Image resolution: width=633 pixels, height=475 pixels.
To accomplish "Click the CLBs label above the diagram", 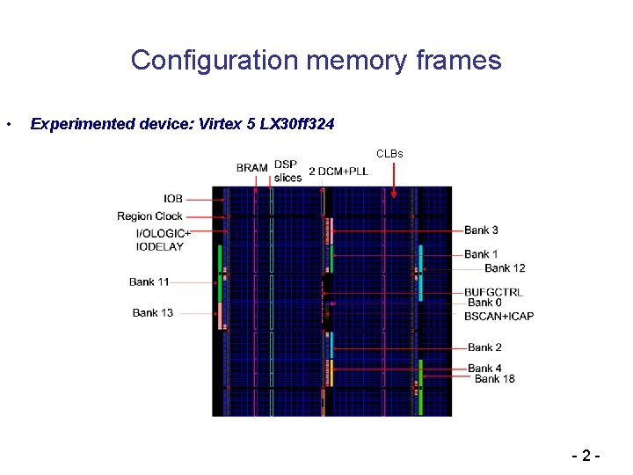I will (389, 154).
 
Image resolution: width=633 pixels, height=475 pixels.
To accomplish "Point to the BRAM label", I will (252, 168).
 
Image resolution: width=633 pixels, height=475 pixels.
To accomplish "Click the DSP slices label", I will (287, 171).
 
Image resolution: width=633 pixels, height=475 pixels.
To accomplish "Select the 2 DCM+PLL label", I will (338, 171).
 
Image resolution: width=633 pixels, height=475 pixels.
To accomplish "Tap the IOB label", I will (173, 199).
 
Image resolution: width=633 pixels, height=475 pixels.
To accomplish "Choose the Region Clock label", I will (149, 216).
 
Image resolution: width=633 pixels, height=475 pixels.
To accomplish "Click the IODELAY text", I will (160, 247).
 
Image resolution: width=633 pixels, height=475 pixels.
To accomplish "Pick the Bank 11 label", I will (149, 282).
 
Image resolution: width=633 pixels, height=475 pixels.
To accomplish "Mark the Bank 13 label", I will (153, 312).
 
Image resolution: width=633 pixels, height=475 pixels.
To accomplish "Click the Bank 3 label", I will (481, 230).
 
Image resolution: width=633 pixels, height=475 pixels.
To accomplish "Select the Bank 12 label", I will (505, 267).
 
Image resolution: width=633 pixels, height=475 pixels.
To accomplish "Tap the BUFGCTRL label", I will (493, 292).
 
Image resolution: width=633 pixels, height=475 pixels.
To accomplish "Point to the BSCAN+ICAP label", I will (500, 316).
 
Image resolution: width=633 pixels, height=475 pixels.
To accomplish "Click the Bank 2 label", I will (484, 347).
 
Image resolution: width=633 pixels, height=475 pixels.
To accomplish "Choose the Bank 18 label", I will (494, 379).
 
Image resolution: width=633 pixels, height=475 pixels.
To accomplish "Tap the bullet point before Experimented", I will (9, 124).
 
